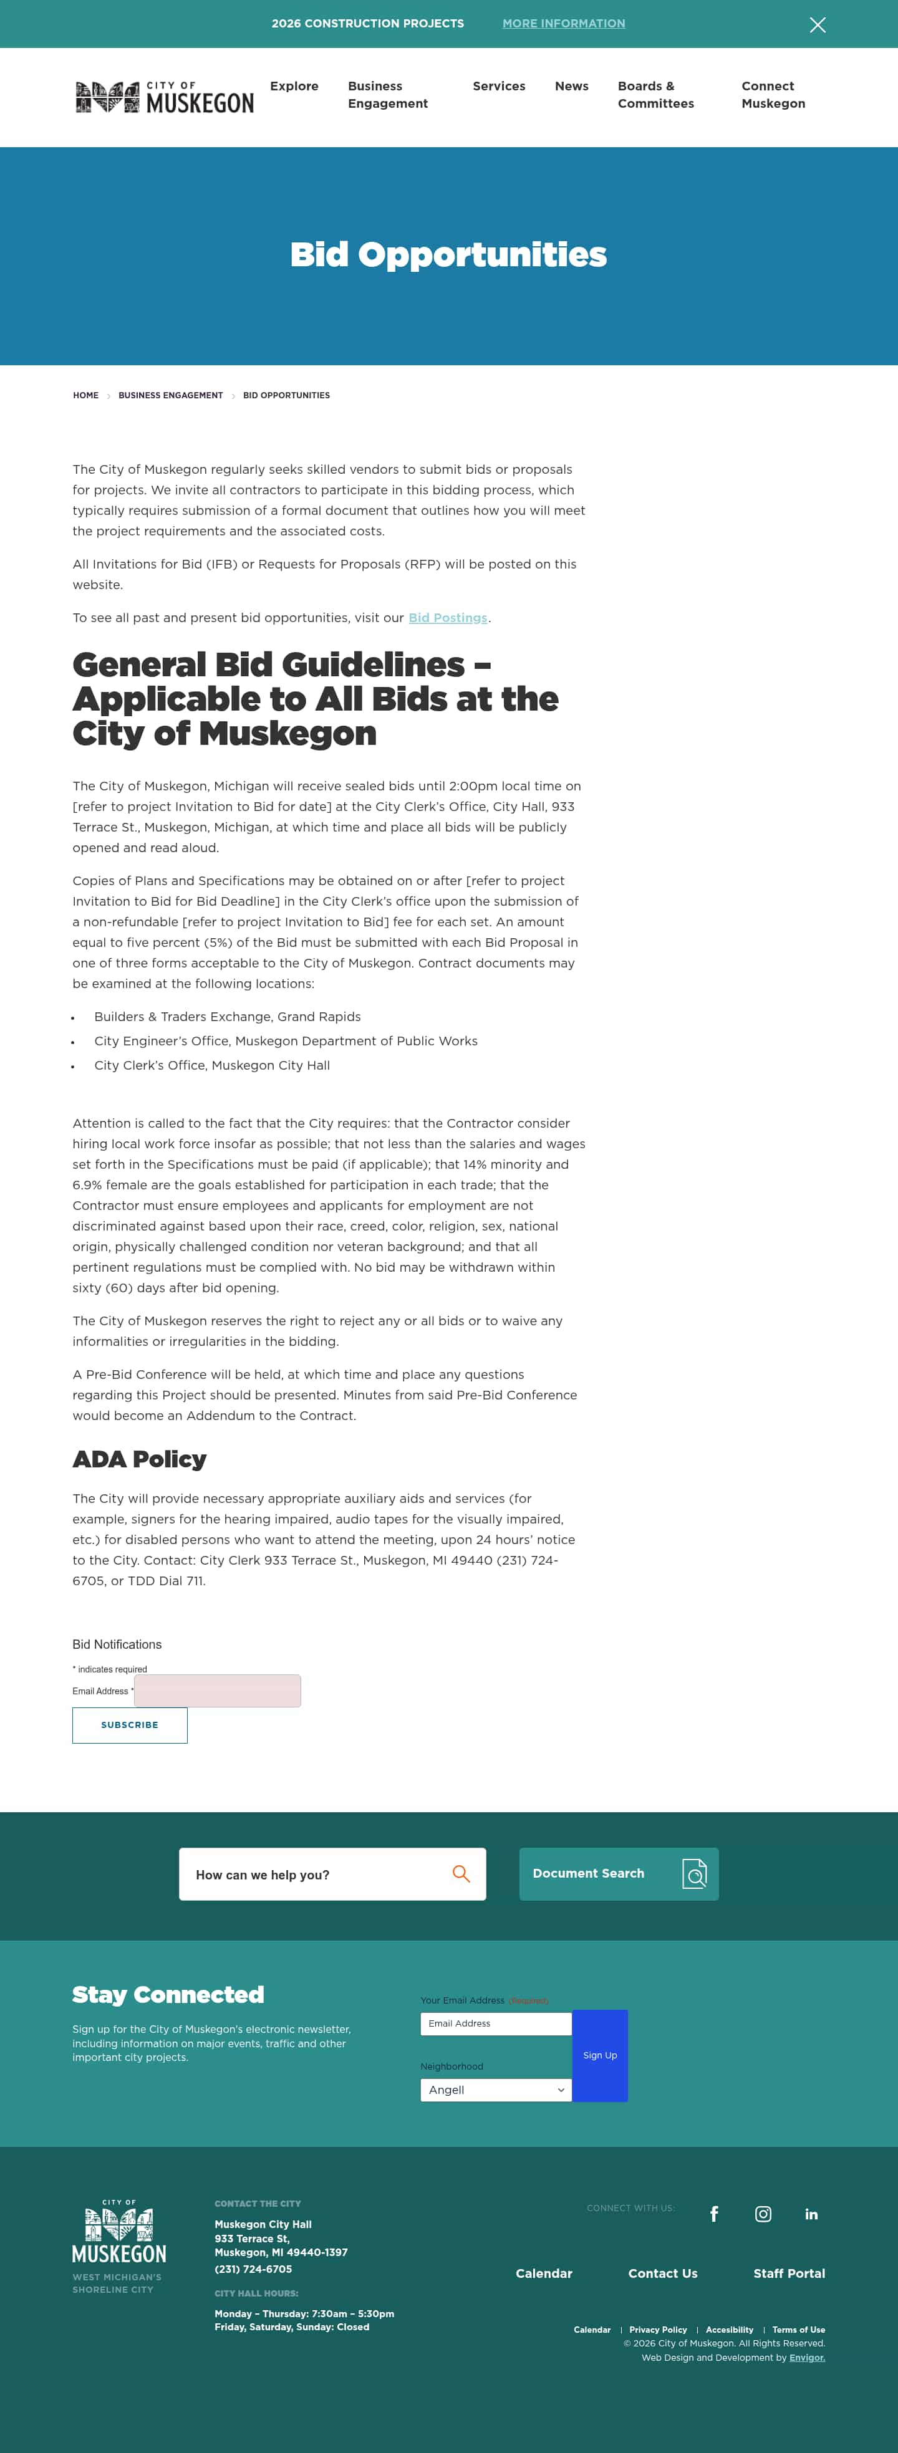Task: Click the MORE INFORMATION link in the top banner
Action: point(564,24)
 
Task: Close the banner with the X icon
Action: point(817,25)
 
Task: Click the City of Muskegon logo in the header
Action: point(165,97)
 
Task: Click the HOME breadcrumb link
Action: point(85,395)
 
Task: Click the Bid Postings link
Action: point(448,618)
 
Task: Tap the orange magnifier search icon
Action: point(461,1874)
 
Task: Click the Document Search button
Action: point(618,1874)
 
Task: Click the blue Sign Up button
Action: point(600,2055)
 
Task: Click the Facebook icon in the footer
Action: point(714,2214)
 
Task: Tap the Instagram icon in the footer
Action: point(763,2214)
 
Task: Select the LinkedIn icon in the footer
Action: point(811,2214)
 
